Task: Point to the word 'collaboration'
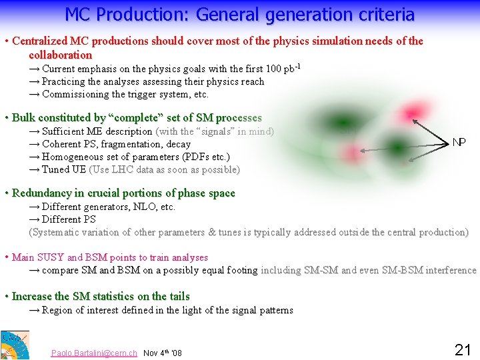point(61,55)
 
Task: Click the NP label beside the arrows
point(459,143)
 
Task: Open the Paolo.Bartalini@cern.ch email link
point(94,353)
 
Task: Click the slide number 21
point(463,349)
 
